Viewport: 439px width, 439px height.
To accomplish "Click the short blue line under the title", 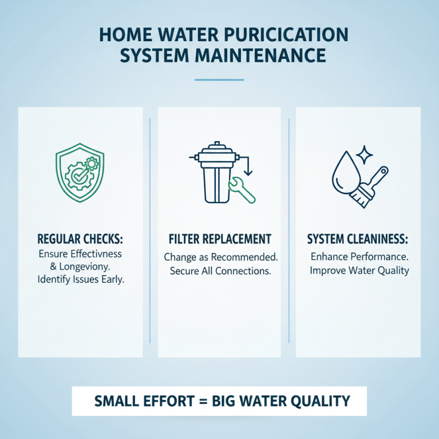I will [x=219, y=80].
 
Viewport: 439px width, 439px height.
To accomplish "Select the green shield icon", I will [x=80, y=171].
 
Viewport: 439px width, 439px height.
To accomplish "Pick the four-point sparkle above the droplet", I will [x=363, y=154].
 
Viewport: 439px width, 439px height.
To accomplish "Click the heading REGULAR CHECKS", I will [x=80, y=239].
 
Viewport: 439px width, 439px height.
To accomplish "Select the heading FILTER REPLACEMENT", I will [x=219, y=239].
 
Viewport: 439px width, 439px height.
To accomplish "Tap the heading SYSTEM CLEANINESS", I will [x=358, y=239].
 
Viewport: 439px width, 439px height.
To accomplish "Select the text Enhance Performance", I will [x=358, y=256].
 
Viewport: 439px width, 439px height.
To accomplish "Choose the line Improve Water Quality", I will [x=358, y=271].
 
